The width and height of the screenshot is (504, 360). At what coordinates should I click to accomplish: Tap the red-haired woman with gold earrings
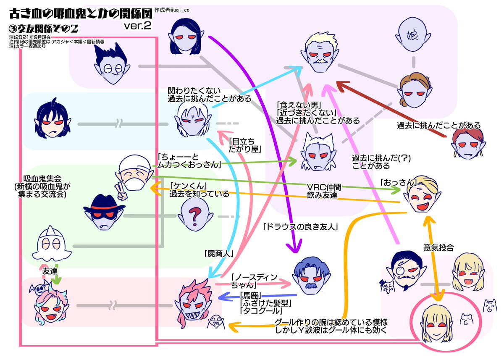tap(468, 142)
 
